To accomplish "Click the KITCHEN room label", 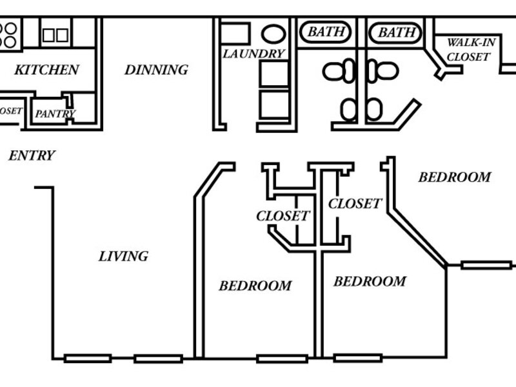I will [x=46, y=70].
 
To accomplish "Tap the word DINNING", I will [x=156, y=70].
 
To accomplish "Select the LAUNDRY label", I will [x=253, y=54].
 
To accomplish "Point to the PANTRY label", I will [x=55, y=114].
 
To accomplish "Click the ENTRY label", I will [x=32, y=155].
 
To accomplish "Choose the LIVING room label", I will [x=123, y=256].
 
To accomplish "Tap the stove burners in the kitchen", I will [x=9, y=35].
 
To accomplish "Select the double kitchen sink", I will [x=55, y=34].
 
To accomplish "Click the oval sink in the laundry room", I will [x=273, y=34].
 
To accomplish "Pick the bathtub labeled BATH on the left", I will [x=324, y=32].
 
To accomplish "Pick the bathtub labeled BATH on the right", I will [x=395, y=32].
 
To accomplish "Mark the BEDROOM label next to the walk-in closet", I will [x=454, y=177].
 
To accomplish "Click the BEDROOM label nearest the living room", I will [x=255, y=285].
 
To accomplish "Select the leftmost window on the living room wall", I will [x=88, y=358].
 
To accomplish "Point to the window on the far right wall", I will [x=486, y=264].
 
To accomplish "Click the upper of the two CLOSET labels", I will [x=355, y=204].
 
